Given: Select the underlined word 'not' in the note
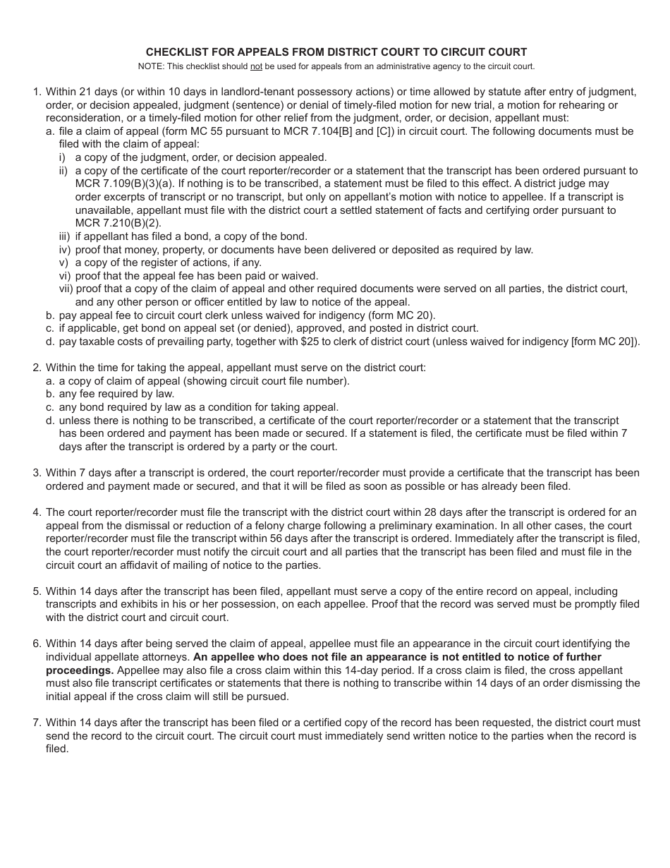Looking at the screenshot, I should point(257,66).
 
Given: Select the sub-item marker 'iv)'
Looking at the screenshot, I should point(66,249).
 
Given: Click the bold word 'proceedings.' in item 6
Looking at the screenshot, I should point(80,670).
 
